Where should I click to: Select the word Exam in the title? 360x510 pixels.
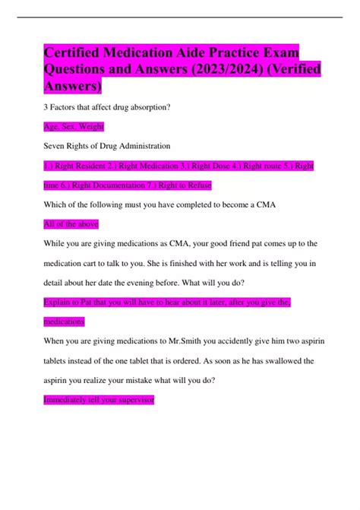click(x=278, y=54)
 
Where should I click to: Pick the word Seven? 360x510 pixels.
click(x=55, y=145)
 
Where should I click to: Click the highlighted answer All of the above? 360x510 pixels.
click(x=71, y=224)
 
